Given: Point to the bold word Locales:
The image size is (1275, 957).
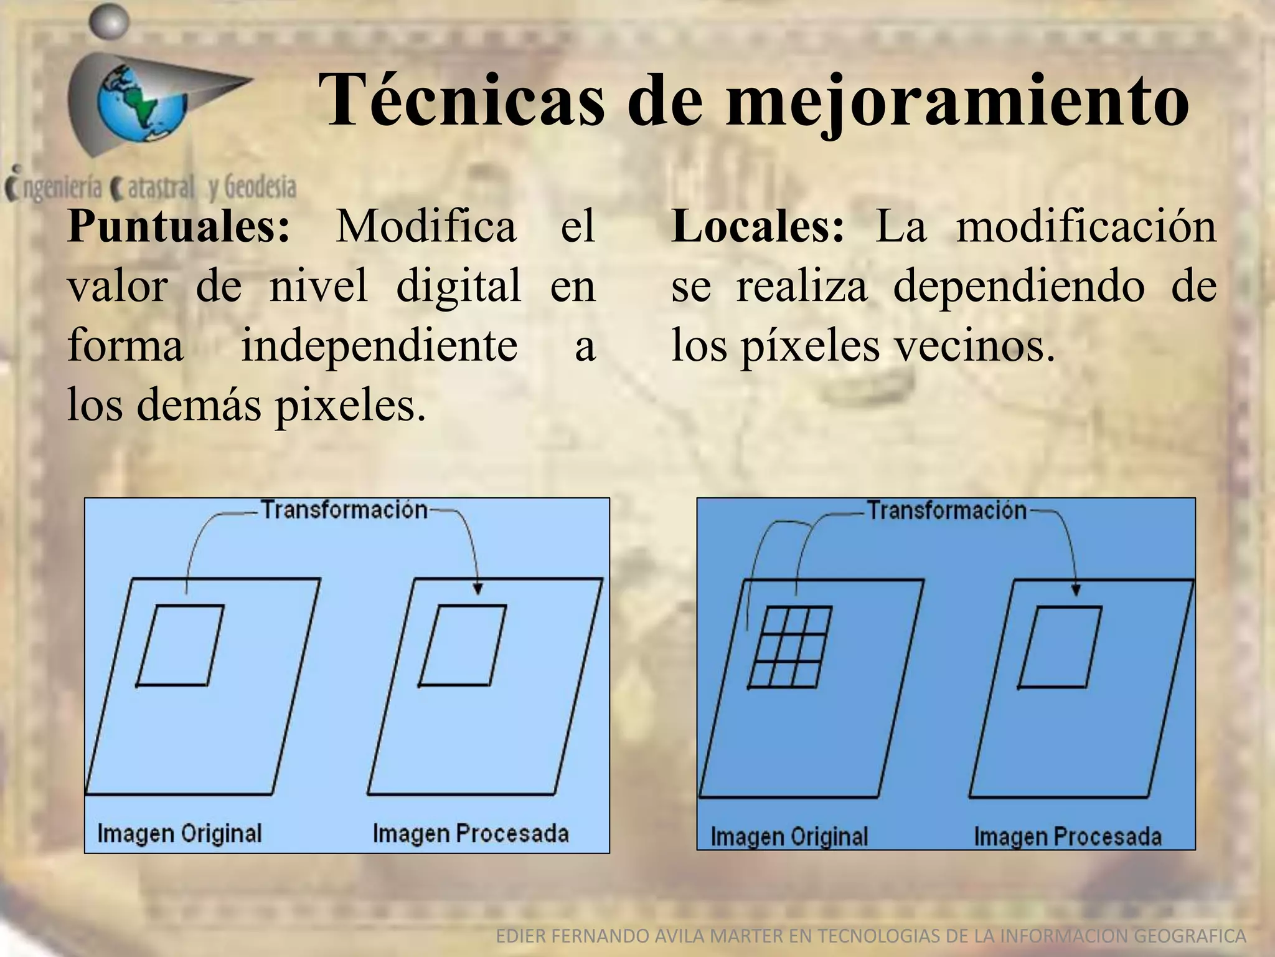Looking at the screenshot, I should point(758,226).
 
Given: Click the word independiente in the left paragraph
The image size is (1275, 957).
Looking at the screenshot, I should point(379,346).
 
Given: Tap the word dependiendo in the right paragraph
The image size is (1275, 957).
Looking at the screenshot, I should point(1019,287).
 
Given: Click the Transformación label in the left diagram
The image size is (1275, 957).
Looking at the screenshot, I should point(344,510).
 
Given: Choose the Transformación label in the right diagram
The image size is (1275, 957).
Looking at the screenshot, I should point(947,511).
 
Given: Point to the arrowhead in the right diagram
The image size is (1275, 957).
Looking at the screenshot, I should point(1076,590).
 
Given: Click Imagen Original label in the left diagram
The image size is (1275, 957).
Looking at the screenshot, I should point(179,834).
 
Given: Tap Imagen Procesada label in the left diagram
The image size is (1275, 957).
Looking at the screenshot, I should point(471,834).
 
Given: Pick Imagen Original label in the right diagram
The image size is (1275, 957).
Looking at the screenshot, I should point(789,836).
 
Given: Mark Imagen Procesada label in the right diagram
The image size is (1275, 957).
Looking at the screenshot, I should point(1068,836).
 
